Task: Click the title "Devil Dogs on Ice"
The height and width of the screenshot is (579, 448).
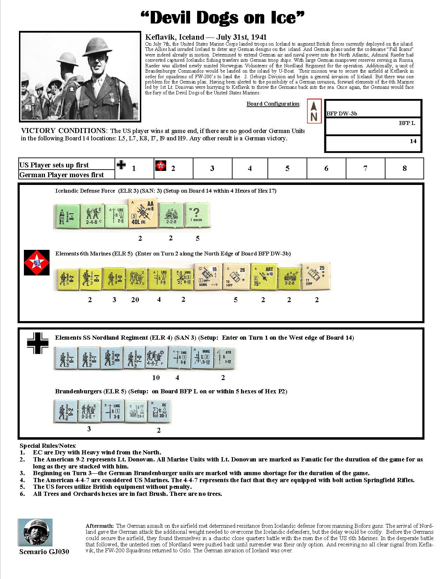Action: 223,18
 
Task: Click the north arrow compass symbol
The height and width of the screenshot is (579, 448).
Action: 314,111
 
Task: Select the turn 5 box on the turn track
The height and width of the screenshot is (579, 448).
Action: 287,168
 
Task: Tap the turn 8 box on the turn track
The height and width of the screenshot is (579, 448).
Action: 404,168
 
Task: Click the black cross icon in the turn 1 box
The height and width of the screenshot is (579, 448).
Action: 121,165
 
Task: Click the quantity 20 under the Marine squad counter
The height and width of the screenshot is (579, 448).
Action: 135,299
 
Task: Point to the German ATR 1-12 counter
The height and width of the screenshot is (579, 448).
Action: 225,357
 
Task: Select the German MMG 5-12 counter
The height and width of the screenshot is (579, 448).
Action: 202,357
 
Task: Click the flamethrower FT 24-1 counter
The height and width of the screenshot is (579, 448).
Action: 136,411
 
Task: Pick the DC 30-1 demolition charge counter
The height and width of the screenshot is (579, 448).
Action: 158,411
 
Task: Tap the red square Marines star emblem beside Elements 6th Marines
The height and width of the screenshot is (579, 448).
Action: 35,262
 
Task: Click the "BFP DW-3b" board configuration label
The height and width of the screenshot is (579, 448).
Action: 342,113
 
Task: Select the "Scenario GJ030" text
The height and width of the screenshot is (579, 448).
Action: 44,551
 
